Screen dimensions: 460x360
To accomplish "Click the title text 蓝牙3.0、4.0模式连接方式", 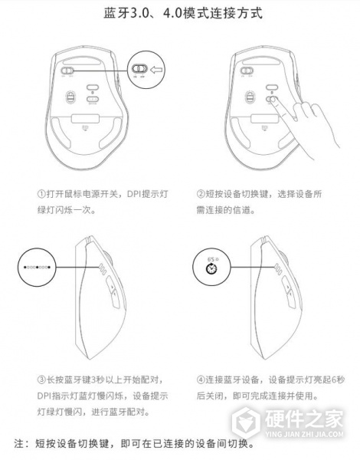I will pos(179,15).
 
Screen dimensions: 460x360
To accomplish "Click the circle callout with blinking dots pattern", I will pos(36,268).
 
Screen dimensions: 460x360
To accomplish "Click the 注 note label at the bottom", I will pos(21,444).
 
